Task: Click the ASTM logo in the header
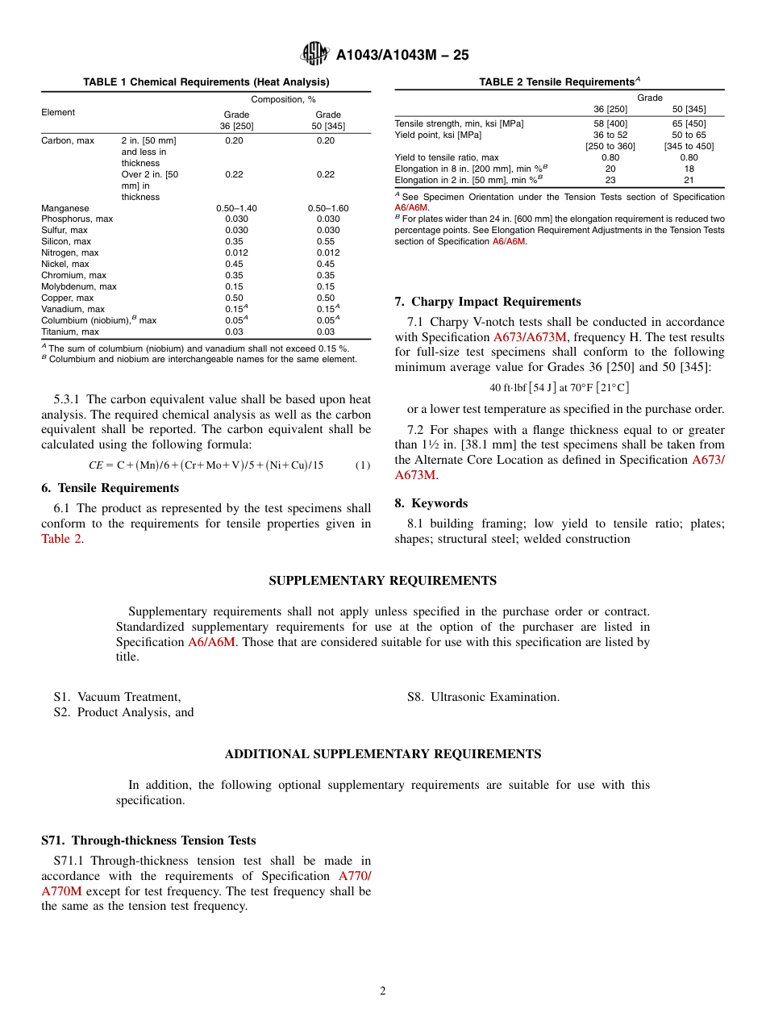pyautogui.click(x=314, y=54)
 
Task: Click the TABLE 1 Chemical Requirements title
pyautogui.click(x=206, y=82)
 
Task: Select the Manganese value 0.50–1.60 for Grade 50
pyautogui.click(x=328, y=208)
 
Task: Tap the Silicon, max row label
pyautogui.click(x=66, y=241)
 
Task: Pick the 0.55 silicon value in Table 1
pyautogui.click(x=328, y=241)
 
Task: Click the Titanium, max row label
pyautogui.click(x=70, y=332)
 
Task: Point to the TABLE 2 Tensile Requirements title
pyautogui.click(x=559, y=82)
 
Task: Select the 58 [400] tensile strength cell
pyautogui.click(x=610, y=123)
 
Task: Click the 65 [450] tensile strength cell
pyautogui.click(x=689, y=123)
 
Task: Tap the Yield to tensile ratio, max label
pyautogui.click(x=447, y=157)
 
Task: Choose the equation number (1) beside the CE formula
pyautogui.click(x=362, y=465)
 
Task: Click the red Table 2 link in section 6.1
pyautogui.click(x=61, y=539)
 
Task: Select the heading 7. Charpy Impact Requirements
pyautogui.click(x=487, y=302)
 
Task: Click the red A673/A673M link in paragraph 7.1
pyautogui.click(x=531, y=337)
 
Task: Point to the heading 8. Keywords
pyautogui.click(x=431, y=503)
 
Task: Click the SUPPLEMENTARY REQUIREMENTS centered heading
pyautogui.click(x=382, y=581)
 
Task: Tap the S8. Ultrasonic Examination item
pyautogui.click(x=483, y=697)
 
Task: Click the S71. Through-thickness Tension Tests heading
pyautogui.click(x=148, y=840)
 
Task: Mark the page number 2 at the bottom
pyautogui.click(x=383, y=991)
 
